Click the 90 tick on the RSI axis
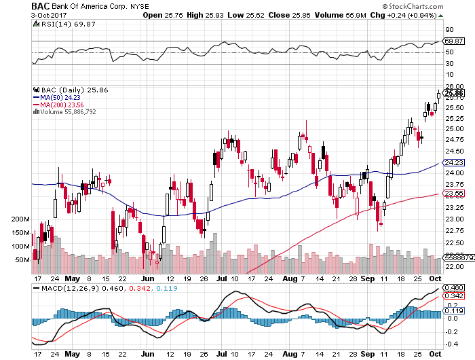[x=449, y=30]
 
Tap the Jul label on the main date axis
[x=221, y=278]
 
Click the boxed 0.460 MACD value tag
[x=454, y=288]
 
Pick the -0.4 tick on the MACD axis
[x=451, y=344]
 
